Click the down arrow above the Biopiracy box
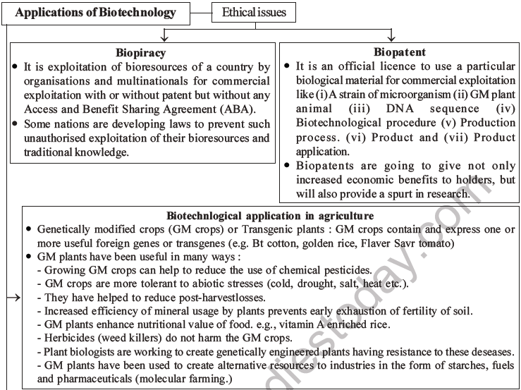point(164,36)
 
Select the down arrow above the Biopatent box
point(392,36)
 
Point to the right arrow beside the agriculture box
point(14,298)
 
